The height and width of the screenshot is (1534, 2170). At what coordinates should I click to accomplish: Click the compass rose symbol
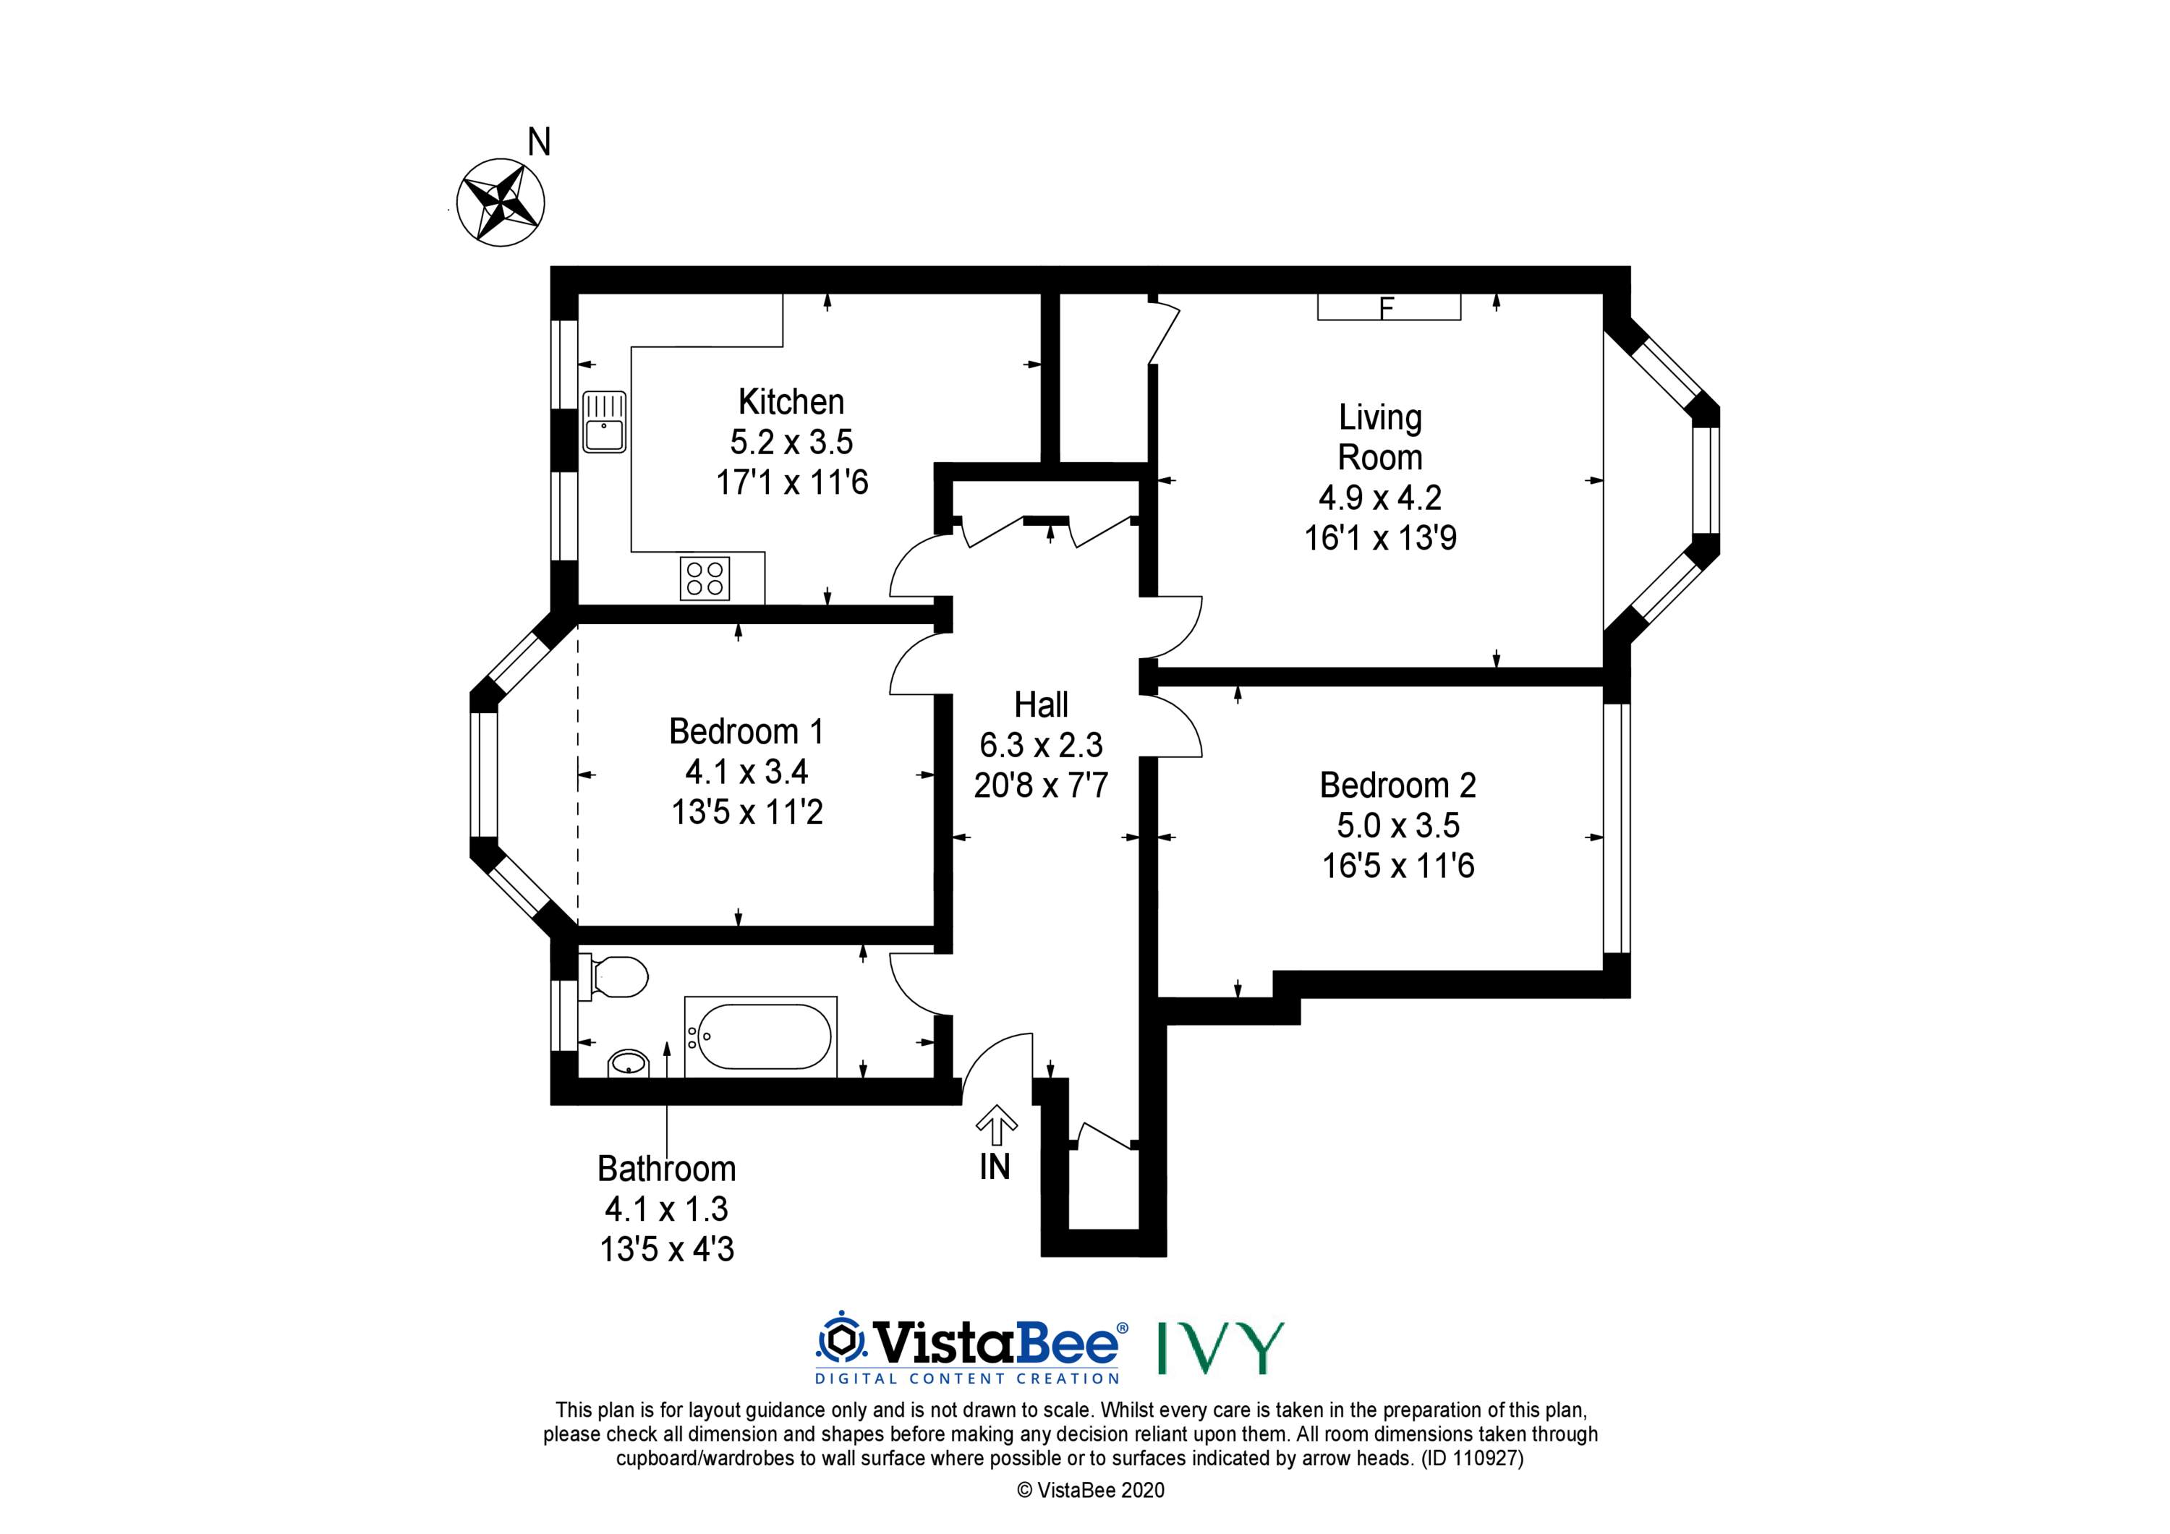pyautogui.click(x=500, y=203)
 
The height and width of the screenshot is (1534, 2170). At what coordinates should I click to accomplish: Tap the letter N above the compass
pyautogui.click(x=539, y=142)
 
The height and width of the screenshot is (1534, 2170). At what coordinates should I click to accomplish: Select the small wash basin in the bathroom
pyautogui.click(x=629, y=1065)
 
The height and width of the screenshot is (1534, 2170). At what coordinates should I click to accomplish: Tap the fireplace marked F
pyautogui.click(x=1388, y=307)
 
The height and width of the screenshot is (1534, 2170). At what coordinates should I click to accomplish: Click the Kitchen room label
pyautogui.click(x=791, y=401)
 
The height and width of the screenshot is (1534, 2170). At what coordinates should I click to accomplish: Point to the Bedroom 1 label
pyautogui.click(x=746, y=731)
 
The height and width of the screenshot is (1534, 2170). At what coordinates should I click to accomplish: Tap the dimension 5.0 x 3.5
pyautogui.click(x=1397, y=826)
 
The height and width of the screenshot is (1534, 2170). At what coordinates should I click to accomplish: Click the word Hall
pyautogui.click(x=1041, y=705)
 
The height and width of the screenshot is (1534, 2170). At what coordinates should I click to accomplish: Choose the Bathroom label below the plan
pyautogui.click(x=666, y=1169)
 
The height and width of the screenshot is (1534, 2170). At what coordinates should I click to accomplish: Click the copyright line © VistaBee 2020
pyautogui.click(x=1091, y=1491)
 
